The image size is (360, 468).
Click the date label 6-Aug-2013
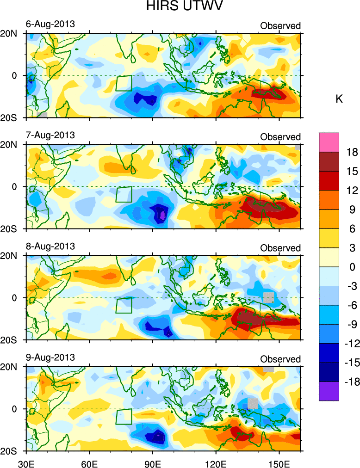click(x=50, y=24)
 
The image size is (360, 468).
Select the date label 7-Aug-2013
click(x=50, y=135)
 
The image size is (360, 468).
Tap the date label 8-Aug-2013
click(x=50, y=246)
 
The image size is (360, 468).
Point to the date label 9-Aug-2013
click(x=50, y=357)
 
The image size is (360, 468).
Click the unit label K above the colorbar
click(x=339, y=99)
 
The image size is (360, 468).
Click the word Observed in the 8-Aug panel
click(x=280, y=248)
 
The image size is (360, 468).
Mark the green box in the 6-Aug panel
click(x=124, y=83)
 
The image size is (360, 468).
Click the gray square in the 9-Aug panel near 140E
click(x=253, y=403)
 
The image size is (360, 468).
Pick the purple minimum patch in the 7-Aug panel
click(x=162, y=215)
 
